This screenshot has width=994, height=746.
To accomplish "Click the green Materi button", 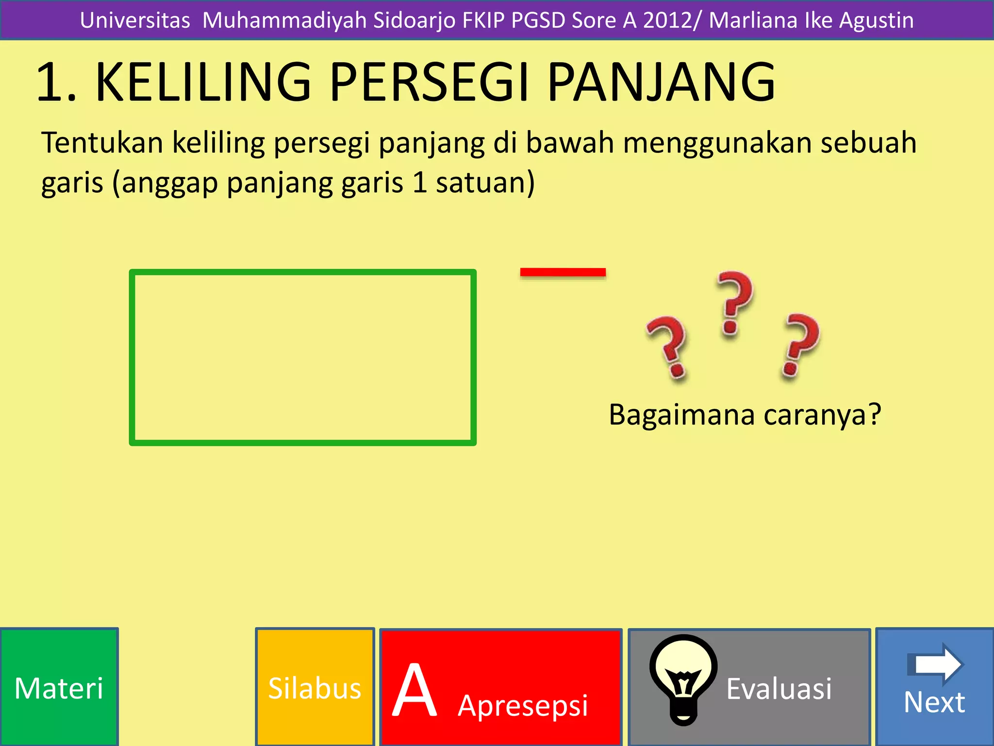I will click(59, 687).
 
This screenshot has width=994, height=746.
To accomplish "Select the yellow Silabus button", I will click(315, 687).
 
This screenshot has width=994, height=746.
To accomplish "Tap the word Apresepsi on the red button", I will click(522, 705).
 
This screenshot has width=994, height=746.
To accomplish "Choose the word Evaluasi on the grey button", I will click(779, 688).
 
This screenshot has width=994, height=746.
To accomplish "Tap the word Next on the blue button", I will click(934, 702).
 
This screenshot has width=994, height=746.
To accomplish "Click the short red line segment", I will click(563, 272).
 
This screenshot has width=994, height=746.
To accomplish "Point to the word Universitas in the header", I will click(135, 20).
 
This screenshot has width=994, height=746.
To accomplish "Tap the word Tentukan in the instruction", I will click(102, 143).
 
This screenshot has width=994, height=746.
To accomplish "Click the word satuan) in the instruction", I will click(485, 183).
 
